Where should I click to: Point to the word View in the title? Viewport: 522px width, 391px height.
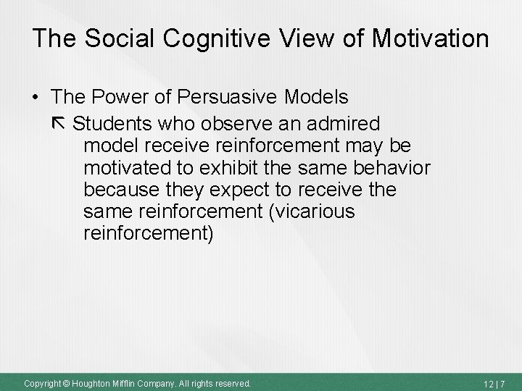point(296,38)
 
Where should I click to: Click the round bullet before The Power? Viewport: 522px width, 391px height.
point(36,97)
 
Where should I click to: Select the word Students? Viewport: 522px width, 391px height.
point(112,122)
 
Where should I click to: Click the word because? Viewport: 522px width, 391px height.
point(117,190)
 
